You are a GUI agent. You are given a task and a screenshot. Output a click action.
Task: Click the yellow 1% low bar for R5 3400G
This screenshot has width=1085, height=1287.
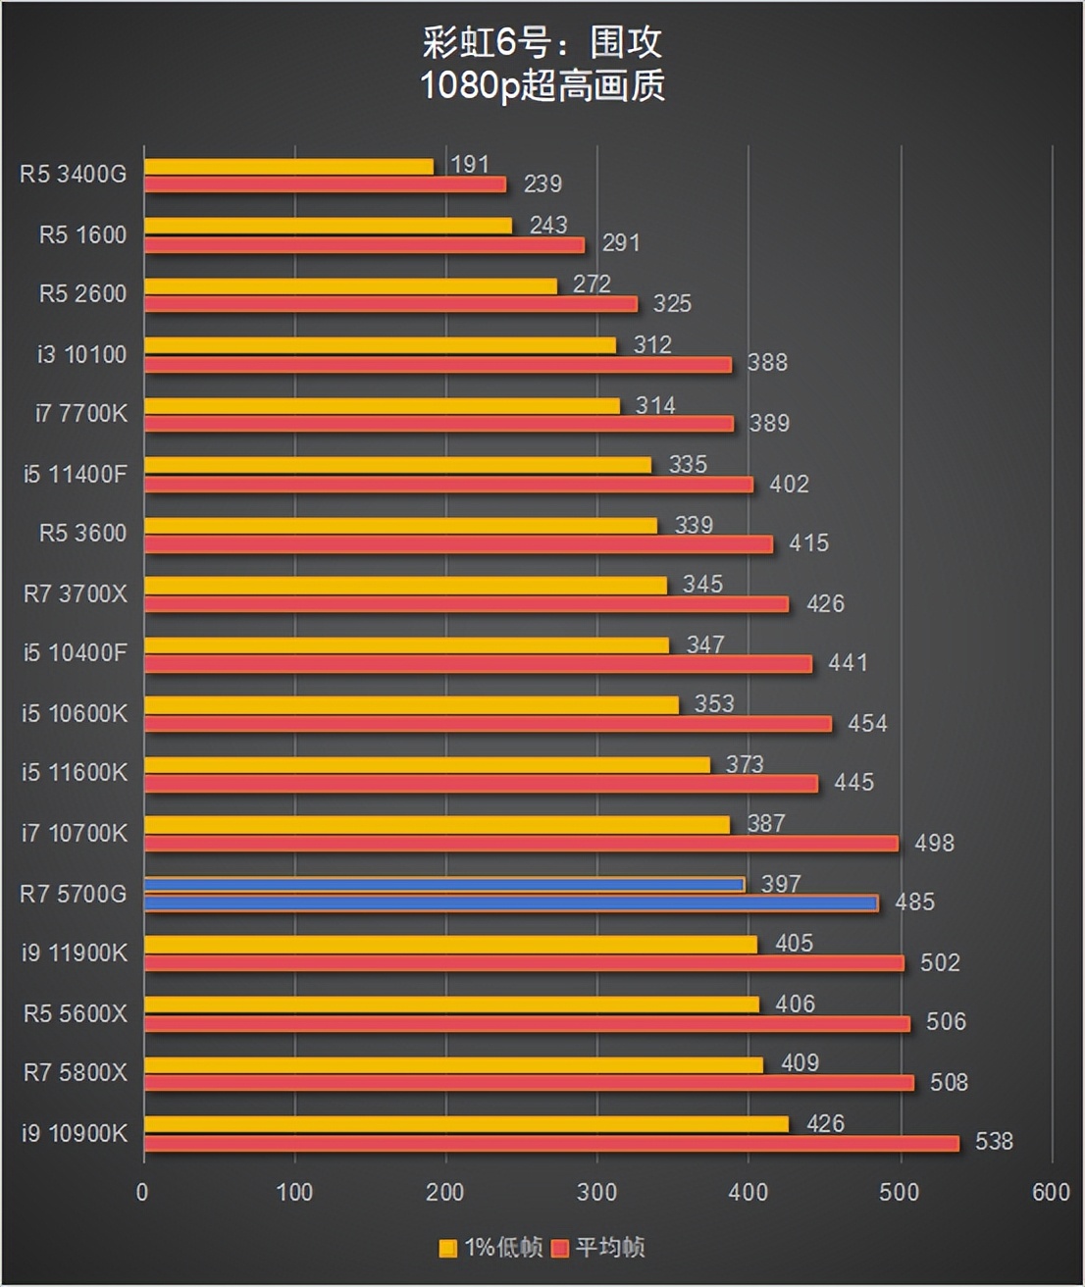(x=288, y=167)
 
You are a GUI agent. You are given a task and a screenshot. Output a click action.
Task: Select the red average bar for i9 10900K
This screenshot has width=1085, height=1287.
(x=551, y=1144)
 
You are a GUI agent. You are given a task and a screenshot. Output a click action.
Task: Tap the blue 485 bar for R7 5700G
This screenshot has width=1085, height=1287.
(x=510, y=903)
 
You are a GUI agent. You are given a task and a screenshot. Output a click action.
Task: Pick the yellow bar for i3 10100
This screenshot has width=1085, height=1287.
(x=380, y=345)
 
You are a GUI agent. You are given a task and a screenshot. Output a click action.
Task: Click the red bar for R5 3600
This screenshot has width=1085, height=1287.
(x=458, y=544)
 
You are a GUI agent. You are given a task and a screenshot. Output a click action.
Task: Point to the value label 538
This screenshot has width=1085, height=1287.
(x=994, y=1142)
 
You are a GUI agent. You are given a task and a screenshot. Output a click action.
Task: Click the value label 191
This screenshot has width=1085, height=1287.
(x=470, y=165)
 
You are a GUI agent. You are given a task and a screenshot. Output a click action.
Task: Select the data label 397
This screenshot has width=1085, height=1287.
(x=781, y=884)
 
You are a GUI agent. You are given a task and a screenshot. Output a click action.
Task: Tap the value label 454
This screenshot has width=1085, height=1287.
(x=867, y=724)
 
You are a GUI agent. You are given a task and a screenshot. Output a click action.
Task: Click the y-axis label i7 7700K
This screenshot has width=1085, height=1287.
(x=81, y=414)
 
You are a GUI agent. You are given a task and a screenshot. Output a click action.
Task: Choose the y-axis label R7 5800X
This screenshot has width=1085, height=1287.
(x=76, y=1073)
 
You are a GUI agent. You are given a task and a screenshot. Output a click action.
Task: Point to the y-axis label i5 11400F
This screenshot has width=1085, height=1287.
(x=76, y=475)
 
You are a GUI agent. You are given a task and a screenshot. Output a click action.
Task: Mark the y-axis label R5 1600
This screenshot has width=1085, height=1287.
(x=82, y=235)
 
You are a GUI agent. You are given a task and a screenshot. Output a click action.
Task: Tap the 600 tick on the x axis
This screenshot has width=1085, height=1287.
(x=1051, y=1193)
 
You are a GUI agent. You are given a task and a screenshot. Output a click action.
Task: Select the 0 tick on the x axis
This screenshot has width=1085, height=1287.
(x=143, y=1193)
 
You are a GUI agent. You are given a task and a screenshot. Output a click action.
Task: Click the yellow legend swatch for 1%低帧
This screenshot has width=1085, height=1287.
(x=448, y=1249)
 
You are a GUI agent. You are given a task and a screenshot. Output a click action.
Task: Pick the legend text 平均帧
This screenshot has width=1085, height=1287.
(x=609, y=1248)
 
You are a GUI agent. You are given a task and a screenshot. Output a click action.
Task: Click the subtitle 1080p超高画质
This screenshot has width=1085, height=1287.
(x=542, y=86)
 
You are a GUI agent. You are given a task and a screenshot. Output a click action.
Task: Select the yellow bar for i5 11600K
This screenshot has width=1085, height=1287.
(x=427, y=765)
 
